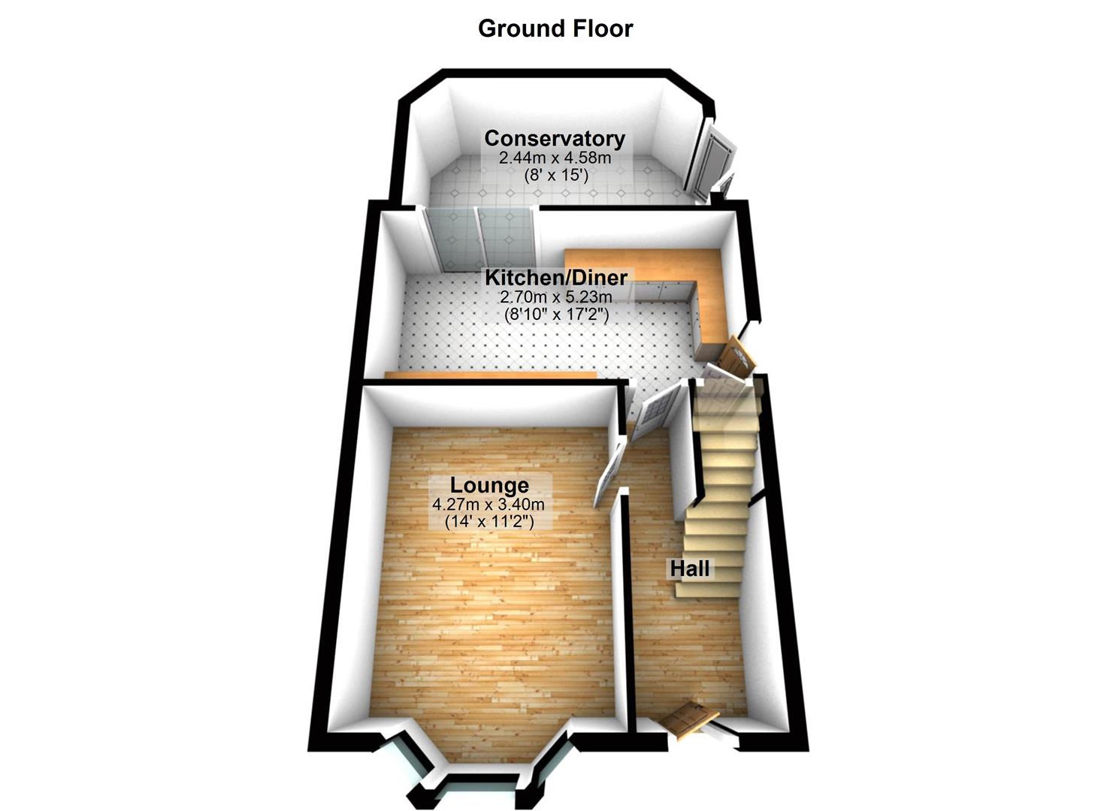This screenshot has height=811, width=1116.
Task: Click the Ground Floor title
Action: tap(555, 29)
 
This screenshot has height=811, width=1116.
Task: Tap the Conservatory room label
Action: tap(555, 139)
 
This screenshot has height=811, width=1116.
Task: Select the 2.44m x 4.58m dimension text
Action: tap(555, 158)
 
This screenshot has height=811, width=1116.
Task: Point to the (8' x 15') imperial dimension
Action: tap(555, 176)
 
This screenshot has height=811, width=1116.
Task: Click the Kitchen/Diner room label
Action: tap(555, 277)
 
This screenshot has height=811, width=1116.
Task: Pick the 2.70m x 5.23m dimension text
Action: tap(555, 297)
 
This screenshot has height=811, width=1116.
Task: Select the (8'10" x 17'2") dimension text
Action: tap(555, 314)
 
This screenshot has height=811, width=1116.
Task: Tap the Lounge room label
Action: tap(489, 485)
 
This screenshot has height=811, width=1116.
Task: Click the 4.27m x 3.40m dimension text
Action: tap(489, 505)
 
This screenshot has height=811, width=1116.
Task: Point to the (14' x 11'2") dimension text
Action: tap(489, 521)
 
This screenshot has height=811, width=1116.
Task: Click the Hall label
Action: tap(689, 568)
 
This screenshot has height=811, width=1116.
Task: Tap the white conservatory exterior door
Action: tap(709, 159)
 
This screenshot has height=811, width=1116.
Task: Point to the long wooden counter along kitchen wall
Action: tap(490, 375)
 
